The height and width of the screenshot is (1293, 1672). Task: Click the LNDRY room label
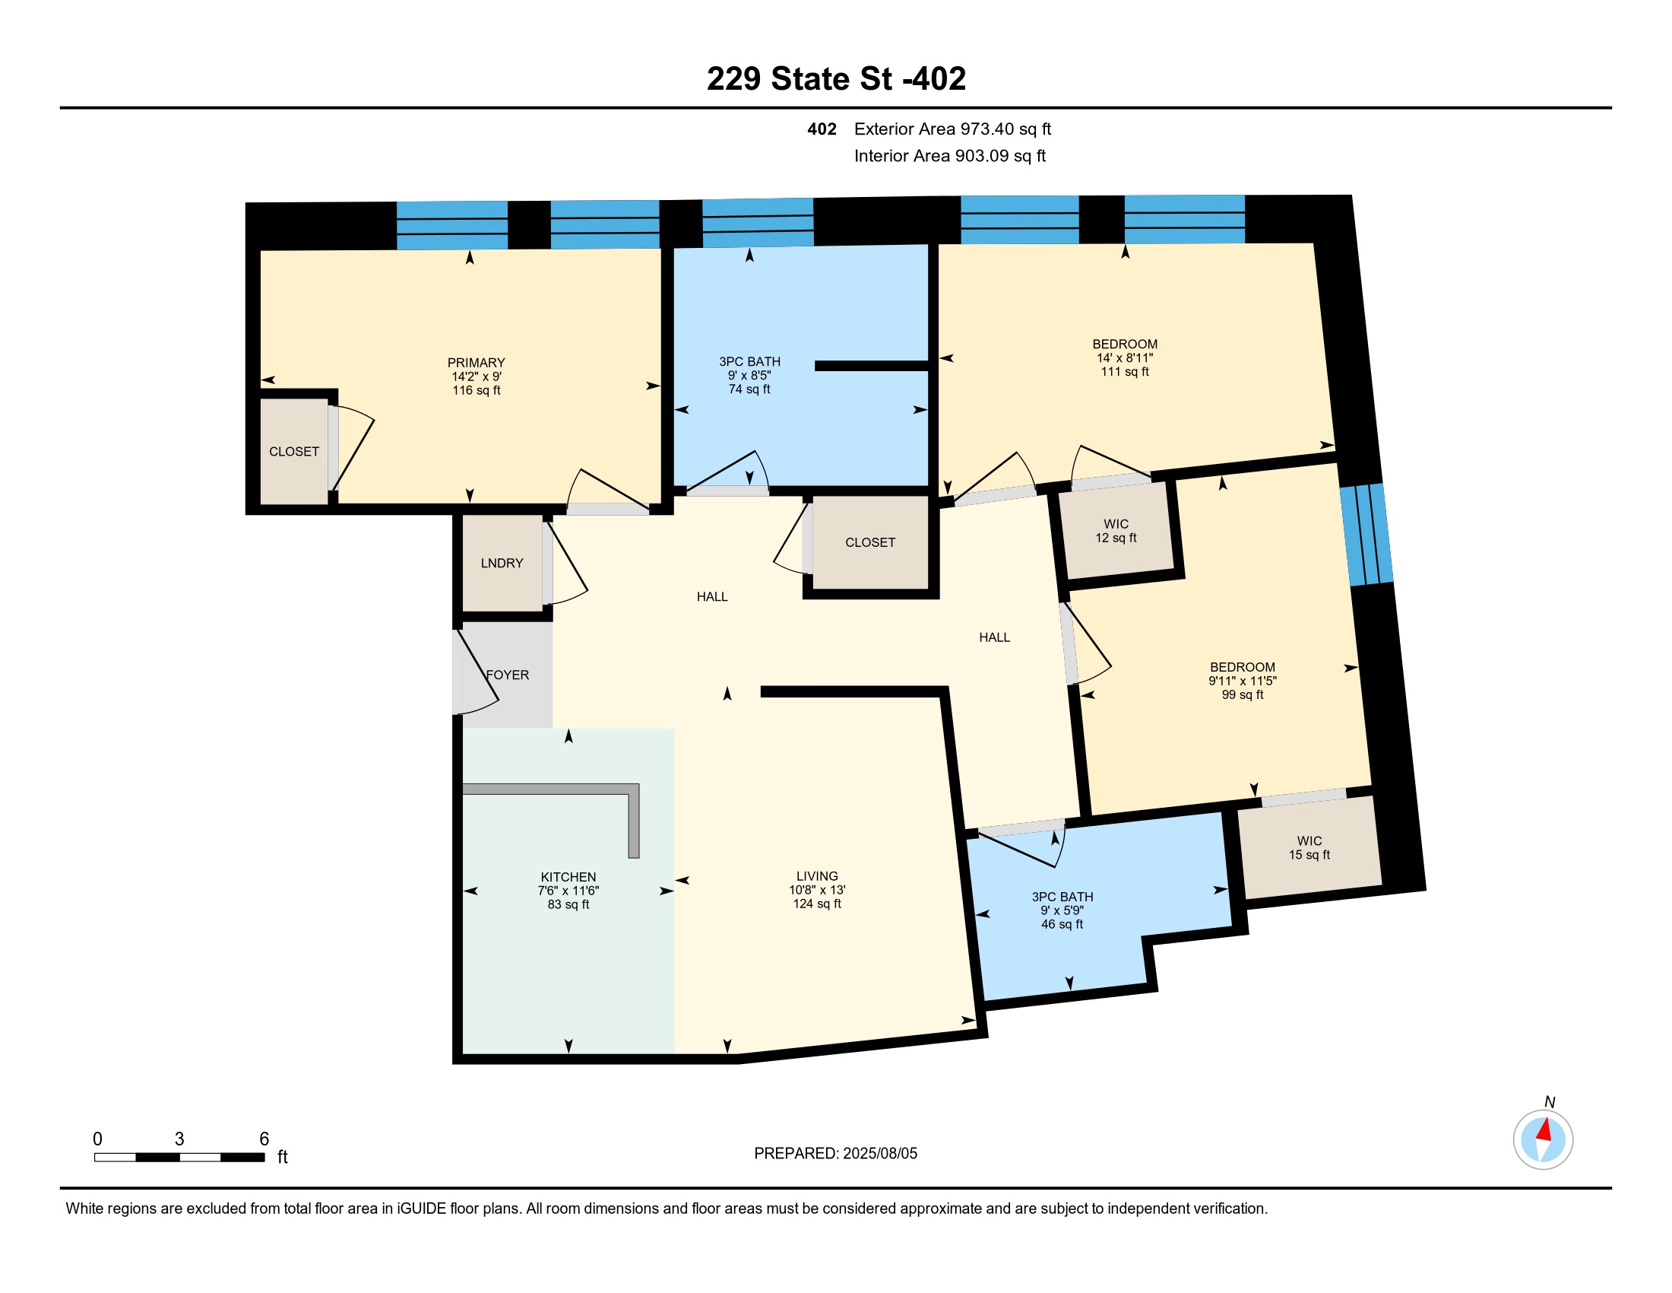(x=502, y=563)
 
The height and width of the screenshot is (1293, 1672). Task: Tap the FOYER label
(x=508, y=675)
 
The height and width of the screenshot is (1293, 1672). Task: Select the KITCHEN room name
(x=568, y=877)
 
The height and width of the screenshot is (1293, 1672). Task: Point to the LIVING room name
(x=817, y=876)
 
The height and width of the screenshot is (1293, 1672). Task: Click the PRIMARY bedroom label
(x=477, y=362)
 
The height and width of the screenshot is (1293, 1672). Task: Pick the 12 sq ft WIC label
(x=1116, y=538)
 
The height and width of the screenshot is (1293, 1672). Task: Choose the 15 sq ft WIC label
(x=1309, y=855)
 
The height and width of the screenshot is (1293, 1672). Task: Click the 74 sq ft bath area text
(x=749, y=389)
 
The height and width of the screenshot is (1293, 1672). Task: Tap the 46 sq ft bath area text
(x=1062, y=925)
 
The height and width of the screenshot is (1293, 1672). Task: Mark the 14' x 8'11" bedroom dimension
(x=1125, y=357)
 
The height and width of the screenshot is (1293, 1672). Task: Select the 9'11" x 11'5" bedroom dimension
(x=1243, y=681)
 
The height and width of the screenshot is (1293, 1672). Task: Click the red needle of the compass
(x=1544, y=1130)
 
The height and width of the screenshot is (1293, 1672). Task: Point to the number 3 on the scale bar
(x=179, y=1139)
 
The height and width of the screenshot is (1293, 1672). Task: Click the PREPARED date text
(x=835, y=1154)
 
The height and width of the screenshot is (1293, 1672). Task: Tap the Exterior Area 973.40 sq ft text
(x=952, y=129)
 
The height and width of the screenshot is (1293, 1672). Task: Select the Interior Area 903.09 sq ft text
(x=950, y=156)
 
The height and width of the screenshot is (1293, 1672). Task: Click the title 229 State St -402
(x=836, y=79)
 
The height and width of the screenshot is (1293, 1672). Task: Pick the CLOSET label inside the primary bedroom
(x=294, y=452)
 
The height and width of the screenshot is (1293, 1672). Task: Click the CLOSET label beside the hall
(x=869, y=542)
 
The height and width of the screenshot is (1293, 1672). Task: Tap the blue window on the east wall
(x=1366, y=535)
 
